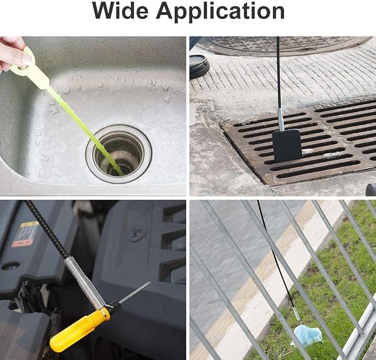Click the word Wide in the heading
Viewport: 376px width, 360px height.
pyautogui.click(x=120, y=11)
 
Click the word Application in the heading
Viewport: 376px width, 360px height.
pyautogui.click(x=220, y=12)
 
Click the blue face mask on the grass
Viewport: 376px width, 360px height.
pyautogui.click(x=308, y=335)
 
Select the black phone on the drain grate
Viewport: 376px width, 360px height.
pyautogui.click(x=287, y=146)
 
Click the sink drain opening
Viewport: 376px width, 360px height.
pyautogui.click(x=119, y=154)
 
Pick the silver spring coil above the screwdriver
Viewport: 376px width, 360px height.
pyautogui.click(x=84, y=282)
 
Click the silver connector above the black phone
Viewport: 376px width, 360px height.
pyautogui.click(x=281, y=120)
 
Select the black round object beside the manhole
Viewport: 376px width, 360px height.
pyautogui.click(x=199, y=67)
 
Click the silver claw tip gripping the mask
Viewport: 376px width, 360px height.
pyautogui.click(x=297, y=315)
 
